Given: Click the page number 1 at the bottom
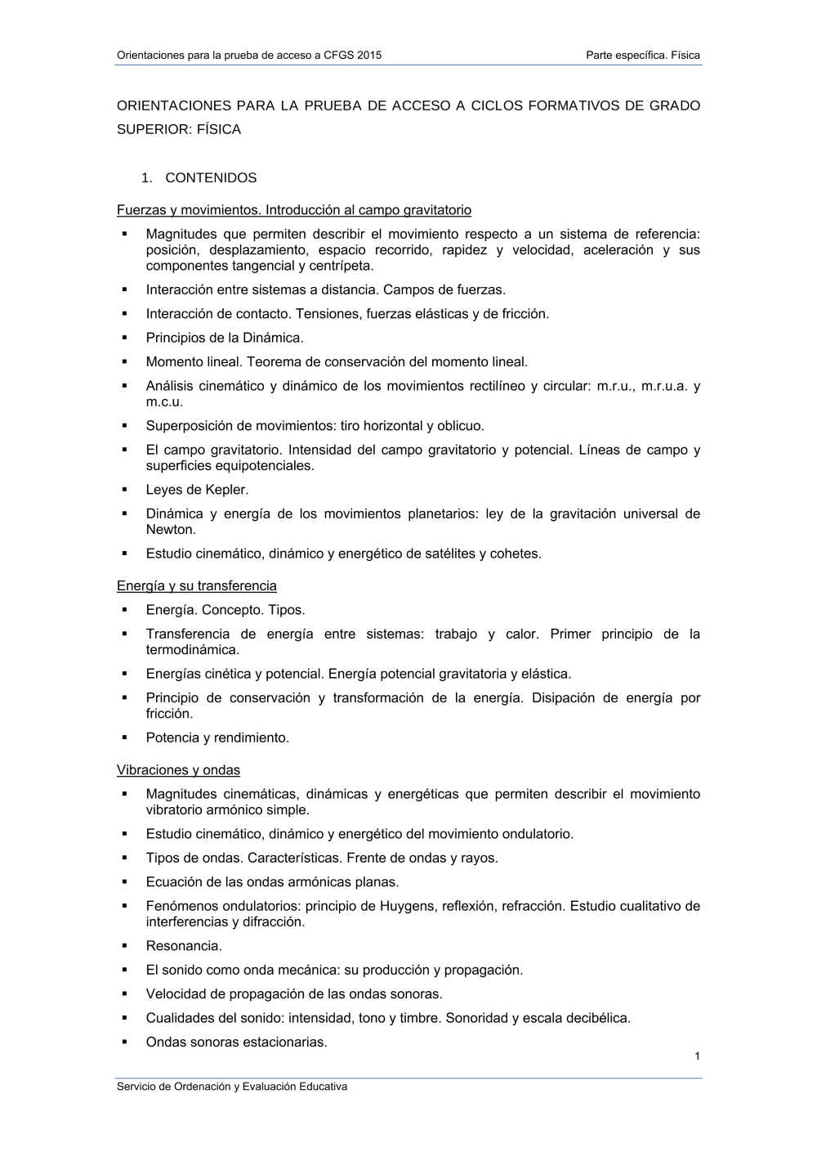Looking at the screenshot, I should click(x=697, y=1056).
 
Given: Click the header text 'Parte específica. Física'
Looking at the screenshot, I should click(x=643, y=56).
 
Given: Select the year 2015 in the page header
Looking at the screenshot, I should click(x=368, y=56).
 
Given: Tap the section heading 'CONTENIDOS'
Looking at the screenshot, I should click(x=211, y=177).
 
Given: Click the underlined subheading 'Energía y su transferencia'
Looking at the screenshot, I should click(x=197, y=585).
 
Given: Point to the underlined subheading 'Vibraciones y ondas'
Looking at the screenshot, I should click(x=178, y=769).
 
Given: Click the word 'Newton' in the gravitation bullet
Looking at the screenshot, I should click(x=170, y=529).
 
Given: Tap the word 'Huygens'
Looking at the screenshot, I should click(x=408, y=906).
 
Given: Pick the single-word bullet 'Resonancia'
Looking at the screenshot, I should click(x=183, y=946).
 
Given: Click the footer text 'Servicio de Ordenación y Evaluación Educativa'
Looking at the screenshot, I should click(x=232, y=1087).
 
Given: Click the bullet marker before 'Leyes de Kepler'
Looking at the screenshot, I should click(x=125, y=489).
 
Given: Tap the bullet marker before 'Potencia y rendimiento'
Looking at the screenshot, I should click(x=125, y=737).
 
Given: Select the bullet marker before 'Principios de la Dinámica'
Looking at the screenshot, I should click(x=125, y=337).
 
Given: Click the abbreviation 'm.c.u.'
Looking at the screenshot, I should click(x=164, y=401).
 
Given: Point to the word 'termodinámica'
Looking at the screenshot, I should click(x=192, y=650).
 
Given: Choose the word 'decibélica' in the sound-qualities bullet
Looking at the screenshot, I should click(x=597, y=1018).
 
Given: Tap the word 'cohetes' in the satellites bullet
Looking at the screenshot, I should click(x=514, y=554).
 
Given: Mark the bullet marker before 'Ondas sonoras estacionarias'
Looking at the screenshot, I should click(x=125, y=1042).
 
